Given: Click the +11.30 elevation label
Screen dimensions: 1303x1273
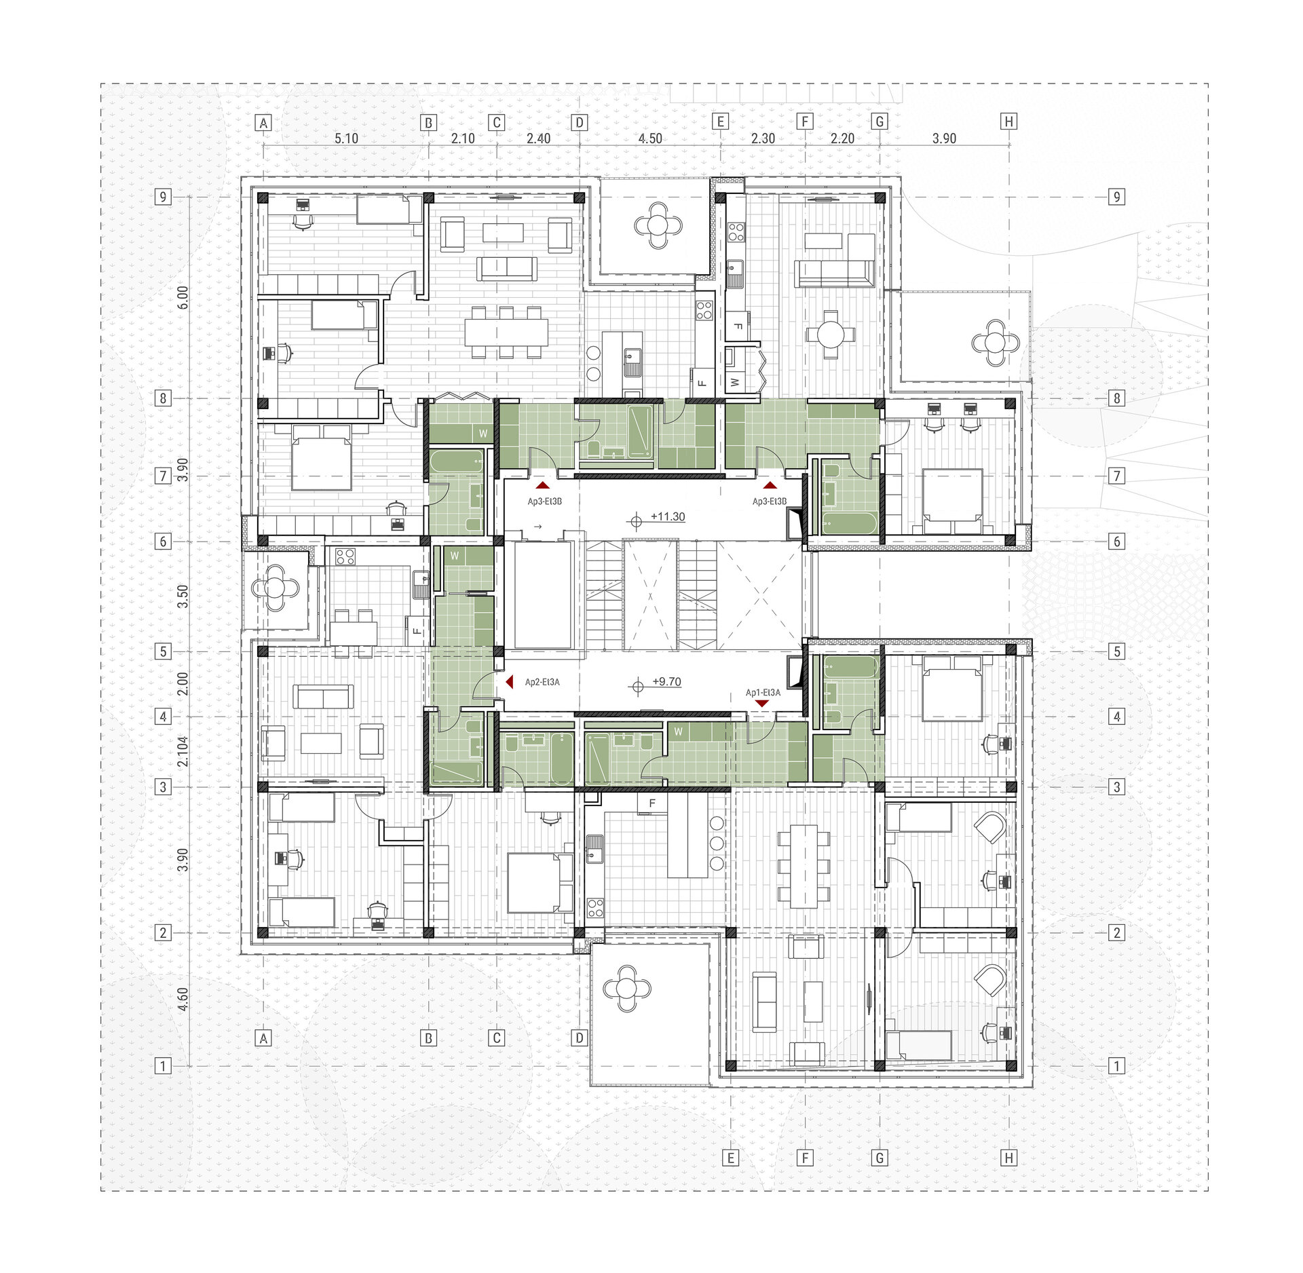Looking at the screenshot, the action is click(x=668, y=516).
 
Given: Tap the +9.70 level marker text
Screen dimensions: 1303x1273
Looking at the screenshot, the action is click(x=666, y=681).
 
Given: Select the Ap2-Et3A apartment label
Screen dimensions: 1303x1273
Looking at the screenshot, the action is click(x=542, y=682).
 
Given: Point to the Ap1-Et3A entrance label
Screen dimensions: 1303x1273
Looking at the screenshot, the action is click(x=763, y=692).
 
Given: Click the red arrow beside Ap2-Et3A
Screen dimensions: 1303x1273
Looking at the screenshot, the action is click(x=509, y=682).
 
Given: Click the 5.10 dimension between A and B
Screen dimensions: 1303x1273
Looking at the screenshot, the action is click(x=346, y=138).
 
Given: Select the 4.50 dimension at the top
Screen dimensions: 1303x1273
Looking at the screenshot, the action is click(x=650, y=138).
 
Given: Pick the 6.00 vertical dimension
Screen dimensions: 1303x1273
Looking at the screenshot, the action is click(x=181, y=297).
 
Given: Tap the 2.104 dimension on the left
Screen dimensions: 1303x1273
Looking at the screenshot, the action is click(x=181, y=752).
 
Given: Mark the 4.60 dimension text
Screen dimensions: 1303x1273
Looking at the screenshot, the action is click(x=181, y=1000).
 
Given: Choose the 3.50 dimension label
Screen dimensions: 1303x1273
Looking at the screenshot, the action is click(x=181, y=596).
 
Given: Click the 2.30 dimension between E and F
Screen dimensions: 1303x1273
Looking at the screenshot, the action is click(x=763, y=138).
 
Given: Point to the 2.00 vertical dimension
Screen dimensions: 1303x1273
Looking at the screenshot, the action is click(x=181, y=684).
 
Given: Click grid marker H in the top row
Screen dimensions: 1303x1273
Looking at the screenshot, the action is click(x=1009, y=121).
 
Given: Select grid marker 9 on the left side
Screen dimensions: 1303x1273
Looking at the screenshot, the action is click(x=162, y=197).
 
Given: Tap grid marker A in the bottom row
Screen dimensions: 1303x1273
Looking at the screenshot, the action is click(x=264, y=1038).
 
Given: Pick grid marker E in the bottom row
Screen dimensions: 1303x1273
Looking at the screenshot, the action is click(x=730, y=1158).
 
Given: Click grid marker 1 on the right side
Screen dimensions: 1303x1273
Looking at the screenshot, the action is click(x=1117, y=1066).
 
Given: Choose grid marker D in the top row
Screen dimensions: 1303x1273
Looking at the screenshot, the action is click(x=580, y=123).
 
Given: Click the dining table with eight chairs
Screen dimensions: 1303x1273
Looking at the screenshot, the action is click(x=506, y=332).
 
